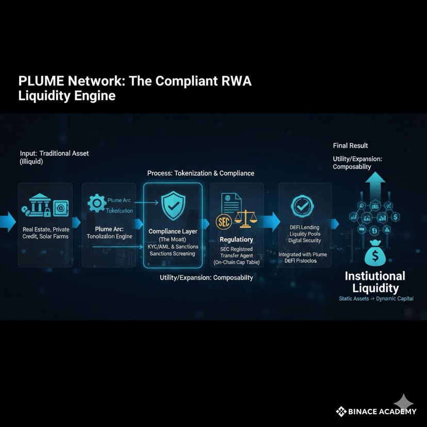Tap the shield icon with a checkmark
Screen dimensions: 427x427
point(172,206)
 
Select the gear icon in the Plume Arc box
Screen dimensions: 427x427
point(96,203)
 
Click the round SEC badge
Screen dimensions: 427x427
point(221,222)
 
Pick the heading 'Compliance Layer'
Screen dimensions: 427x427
point(173,232)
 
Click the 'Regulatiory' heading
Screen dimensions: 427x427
point(236,239)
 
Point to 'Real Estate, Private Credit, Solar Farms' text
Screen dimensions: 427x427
point(45,233)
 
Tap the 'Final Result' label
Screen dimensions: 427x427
point(350,145)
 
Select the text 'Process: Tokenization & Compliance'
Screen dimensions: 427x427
point(201,173)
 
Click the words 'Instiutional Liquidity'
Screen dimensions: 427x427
point(375,282)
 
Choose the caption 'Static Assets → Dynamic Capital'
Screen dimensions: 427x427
point(376,299)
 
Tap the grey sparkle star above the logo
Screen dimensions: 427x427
point(404,402)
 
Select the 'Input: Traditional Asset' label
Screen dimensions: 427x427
point(55,154)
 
